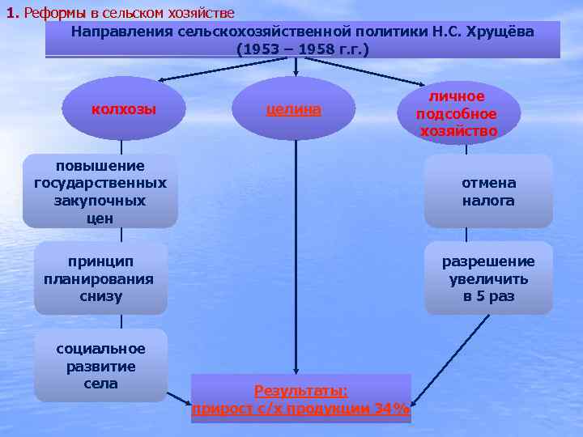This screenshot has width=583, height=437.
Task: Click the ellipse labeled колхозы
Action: pyautogui.click(x=124, y=109)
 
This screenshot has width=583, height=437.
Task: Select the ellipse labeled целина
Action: pyautogui.click(x=294, y=109)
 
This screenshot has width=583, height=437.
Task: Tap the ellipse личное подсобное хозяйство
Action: pyautogui.click(x=457, y=113)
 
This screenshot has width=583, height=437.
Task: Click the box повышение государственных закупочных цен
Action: pyautogui.click(x=100, y=192)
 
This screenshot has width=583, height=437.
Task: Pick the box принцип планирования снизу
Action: pyautogui.click(x=100, y=278)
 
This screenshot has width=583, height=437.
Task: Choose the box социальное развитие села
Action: pyautogui.click(x=100, y=366)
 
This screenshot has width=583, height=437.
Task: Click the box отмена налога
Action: pyautogui.click(x=488, y=192)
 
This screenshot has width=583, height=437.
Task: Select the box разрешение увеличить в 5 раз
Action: pyautogui.click(x=488, y=278)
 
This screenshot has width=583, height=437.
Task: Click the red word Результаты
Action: pyautogui.click(x=300, y=392)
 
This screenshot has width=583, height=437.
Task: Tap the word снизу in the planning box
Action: pyautogui.click(x=100, y=296)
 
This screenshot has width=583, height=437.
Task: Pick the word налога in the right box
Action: pyautogui.click(x=488, y=201)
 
